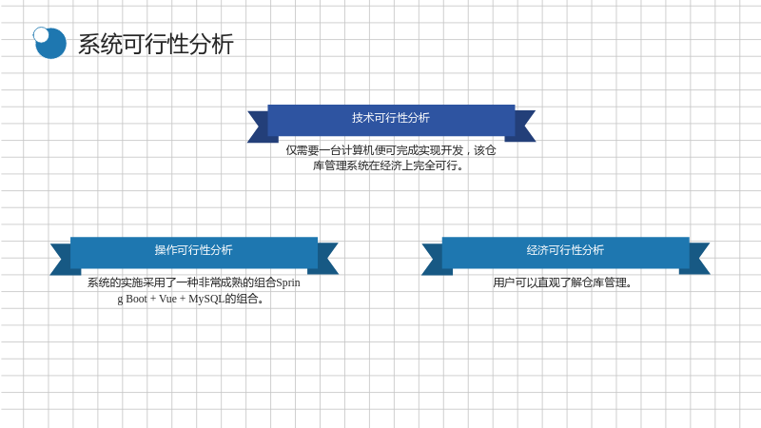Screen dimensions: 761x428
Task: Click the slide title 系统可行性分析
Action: (x=156, y=44)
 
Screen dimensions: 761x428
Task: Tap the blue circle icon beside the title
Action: (x=50, y=43)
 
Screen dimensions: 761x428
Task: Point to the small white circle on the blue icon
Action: (x=41, y=34)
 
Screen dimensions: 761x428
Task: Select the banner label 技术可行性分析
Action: (x=391, y=118)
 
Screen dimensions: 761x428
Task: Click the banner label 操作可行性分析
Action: (x=194, y=250)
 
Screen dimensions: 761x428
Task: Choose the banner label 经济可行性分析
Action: (x=565, y=250)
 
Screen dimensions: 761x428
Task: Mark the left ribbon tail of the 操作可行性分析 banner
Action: (x=61, y=259)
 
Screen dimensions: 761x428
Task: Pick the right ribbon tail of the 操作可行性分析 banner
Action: (x=327, y=259)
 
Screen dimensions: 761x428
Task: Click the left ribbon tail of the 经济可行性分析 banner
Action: (x=433, y=259)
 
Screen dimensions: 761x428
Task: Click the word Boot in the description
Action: (x=136, y=299)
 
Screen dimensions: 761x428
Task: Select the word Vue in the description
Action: (x=168, y=299)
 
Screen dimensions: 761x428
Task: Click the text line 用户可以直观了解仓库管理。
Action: (x=562, y=282)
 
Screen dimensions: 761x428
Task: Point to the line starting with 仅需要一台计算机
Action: (x=391, y=150)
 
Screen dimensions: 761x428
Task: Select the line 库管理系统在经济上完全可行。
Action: (x=388, y=165)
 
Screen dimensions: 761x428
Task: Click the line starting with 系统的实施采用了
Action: (x=194, y=282)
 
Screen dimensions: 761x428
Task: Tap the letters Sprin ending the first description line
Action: (x=288, y=282)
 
